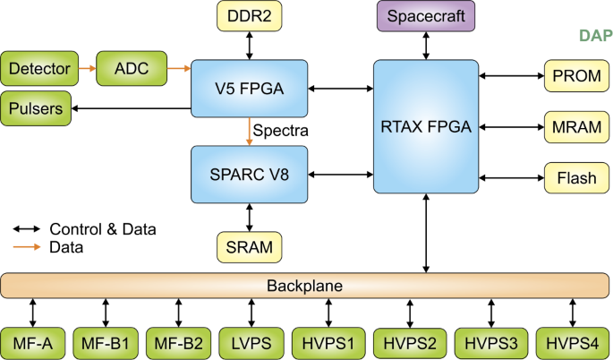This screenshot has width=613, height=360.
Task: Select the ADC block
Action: point(131,67)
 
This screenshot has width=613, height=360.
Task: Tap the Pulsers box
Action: point(37,108)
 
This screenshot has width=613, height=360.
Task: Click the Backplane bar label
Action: point(305,287)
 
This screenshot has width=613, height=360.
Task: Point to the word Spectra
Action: point(280,132)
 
